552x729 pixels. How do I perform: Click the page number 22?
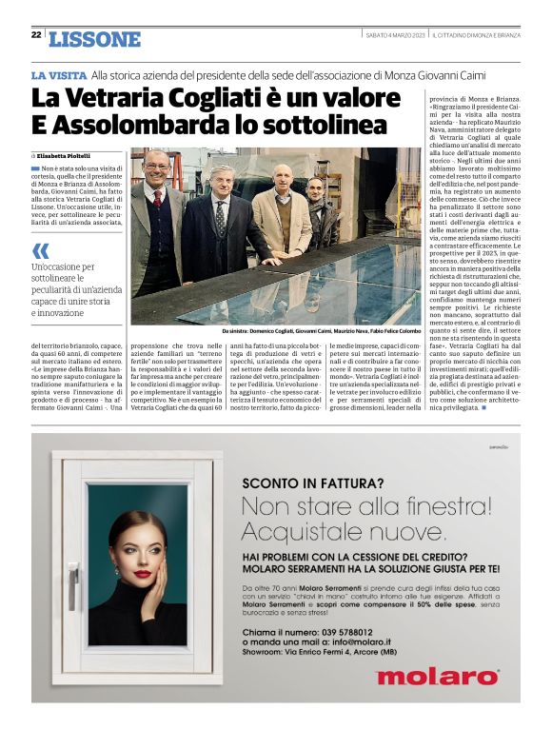click(35, 37)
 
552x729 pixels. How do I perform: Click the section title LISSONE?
click(94, 39)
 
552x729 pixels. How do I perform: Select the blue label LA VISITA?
click(59, 74)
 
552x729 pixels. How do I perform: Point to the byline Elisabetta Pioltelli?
click(64, 155)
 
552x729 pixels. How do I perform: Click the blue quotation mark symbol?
click(40, 251)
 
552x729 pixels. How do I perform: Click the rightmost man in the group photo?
click(318, 209)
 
